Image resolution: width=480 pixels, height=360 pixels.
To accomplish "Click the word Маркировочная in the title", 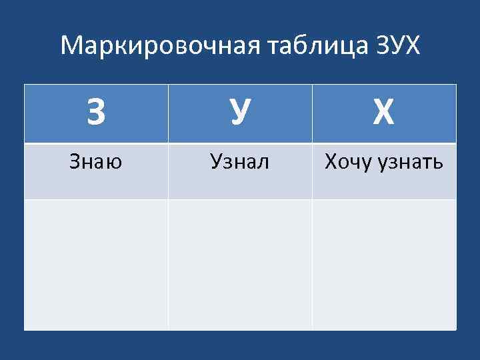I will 160,45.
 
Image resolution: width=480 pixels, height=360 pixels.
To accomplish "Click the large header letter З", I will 96,114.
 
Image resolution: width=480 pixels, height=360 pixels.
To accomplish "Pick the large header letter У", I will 240,114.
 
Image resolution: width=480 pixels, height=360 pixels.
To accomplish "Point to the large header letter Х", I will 383,114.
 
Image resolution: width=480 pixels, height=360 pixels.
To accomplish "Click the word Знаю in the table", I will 96,161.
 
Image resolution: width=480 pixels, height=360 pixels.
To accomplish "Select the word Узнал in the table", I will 239,161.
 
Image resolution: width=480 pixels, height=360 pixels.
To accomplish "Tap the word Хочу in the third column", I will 347,161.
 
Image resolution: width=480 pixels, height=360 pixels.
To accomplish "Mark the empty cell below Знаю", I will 96,264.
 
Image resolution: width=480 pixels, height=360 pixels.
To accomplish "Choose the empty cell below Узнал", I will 240,264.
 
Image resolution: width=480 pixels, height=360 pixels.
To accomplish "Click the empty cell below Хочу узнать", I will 384,264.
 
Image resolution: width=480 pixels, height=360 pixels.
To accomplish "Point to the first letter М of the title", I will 69,45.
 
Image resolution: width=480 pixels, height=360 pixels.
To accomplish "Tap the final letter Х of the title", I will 413,45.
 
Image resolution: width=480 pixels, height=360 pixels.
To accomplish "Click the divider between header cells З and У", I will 168,114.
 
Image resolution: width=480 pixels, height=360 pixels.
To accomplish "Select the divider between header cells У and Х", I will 312,114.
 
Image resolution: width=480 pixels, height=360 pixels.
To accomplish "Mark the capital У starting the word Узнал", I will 215,161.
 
